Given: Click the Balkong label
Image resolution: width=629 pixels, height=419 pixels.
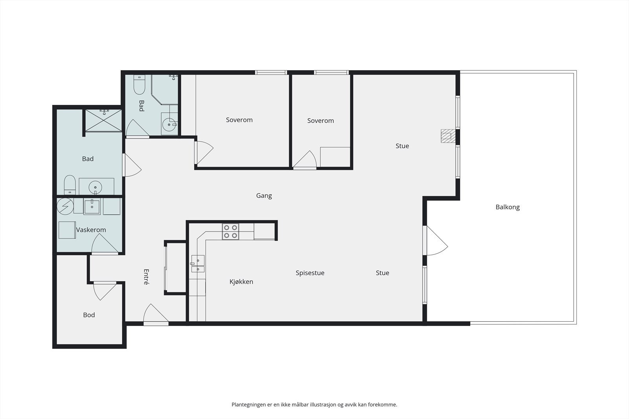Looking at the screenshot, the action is click(x=508, y=207).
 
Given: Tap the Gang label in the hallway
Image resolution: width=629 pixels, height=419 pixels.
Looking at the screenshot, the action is click(x=264, y=196).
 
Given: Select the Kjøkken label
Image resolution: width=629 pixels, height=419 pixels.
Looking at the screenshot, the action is click(x=241, y=282).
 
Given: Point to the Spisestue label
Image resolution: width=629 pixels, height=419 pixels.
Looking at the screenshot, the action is click(x=310, y=273).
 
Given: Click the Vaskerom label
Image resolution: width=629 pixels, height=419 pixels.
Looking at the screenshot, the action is click(x=91, y=230).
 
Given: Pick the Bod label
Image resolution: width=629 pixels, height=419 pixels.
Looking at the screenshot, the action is click(x=89, y=315).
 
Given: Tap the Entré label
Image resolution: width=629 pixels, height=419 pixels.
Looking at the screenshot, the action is click(x=146, y=277).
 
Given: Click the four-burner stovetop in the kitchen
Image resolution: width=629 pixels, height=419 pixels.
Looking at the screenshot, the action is click(x=230, y=232).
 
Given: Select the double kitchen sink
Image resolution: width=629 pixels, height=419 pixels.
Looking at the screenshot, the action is click(x=198, y=263).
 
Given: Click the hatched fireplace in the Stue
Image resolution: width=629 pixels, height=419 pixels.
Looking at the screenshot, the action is click(x=448, y=136).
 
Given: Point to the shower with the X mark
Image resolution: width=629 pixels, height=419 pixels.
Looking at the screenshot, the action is click(x=104, y=120).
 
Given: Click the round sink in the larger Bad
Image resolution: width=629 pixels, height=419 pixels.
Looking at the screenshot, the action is click(x=95, y=187).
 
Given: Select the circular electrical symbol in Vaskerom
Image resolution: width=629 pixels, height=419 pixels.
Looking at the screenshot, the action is click(x=65, y=207).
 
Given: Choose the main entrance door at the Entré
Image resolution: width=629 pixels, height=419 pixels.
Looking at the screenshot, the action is click(x=156, y=314).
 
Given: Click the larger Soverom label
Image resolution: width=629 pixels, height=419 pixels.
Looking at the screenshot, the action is click(x=239, y=120).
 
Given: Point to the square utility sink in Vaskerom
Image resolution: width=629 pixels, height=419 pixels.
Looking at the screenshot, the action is click(x=92, y=207).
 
